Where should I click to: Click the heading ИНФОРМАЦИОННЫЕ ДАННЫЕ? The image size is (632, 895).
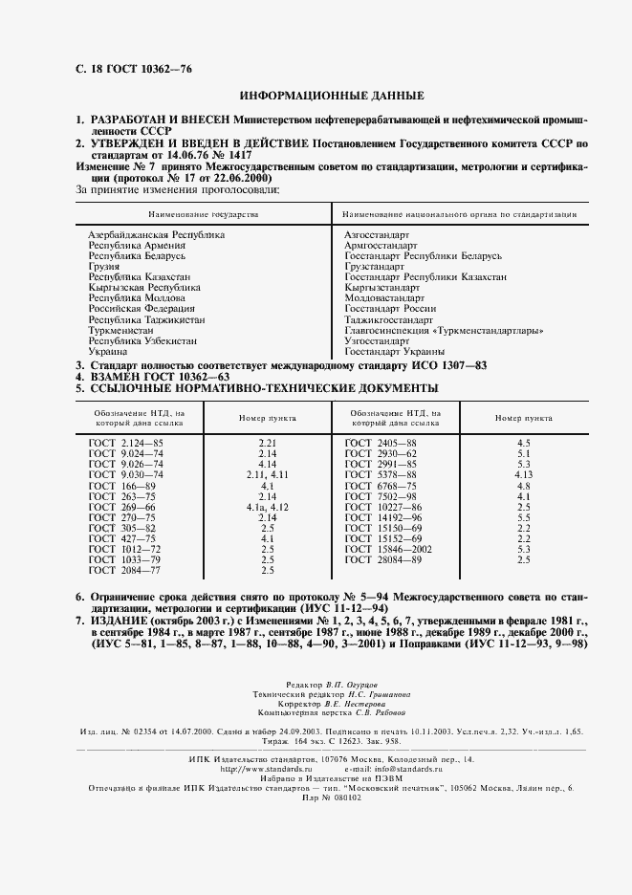[325, 97]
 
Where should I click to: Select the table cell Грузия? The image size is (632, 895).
[103, 268]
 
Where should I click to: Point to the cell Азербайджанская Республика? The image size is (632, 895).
[157, 234]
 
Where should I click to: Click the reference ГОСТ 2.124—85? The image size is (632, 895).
[126, 444]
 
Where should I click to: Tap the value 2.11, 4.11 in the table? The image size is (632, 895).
[267, 475]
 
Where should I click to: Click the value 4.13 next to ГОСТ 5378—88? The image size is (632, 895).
[523, 475]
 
